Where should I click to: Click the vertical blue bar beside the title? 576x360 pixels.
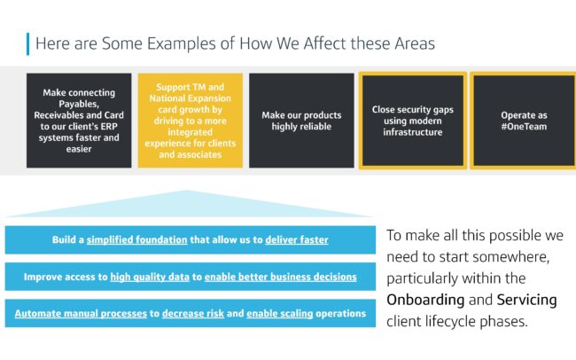coord(28,43)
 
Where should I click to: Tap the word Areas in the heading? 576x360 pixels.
coord(415,43)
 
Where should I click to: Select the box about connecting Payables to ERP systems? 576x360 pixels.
coord(79,121)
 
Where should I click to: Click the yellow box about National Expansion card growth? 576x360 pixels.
coord(191,121)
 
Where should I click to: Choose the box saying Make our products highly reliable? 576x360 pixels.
coord(301,121)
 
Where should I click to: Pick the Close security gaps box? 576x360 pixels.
coord(413,121)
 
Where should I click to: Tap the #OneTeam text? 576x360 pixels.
coord(525,127)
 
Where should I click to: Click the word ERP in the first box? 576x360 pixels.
coord(109,127)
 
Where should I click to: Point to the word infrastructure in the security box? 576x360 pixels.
coord(413,132)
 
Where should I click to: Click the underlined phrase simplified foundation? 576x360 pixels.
coord(137,239)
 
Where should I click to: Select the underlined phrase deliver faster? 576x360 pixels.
coord(297,239)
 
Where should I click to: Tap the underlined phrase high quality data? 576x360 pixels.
coord(150,277)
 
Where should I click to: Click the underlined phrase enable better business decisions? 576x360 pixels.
coord(281,277)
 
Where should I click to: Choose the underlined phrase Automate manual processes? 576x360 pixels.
coord(81,314)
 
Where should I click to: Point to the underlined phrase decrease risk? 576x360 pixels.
coord(193,314)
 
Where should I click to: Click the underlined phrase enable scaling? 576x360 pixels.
coord(279,314)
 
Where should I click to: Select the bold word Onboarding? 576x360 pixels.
coord(425,300)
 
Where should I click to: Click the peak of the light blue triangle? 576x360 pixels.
coord(186,191)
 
